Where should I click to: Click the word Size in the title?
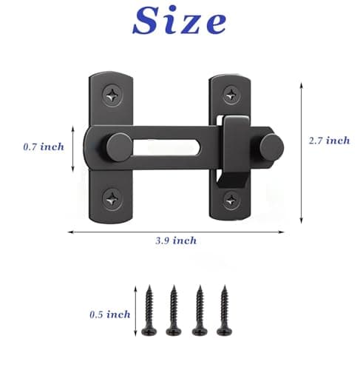(180, 23)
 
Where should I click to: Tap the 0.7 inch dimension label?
(44, 147)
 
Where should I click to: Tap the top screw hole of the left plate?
(112, 94)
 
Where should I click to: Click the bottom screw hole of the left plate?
(112, 197)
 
